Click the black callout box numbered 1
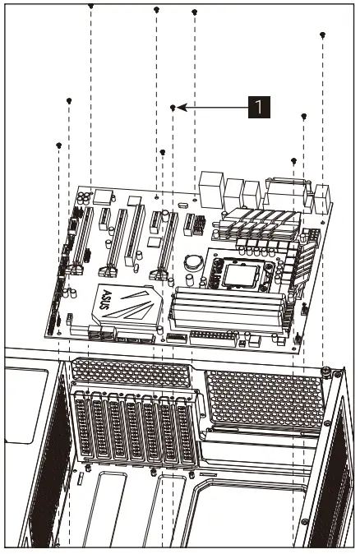[259, 106]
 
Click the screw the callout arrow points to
[173, 108]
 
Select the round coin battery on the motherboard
[192, 262]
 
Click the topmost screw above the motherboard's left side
[90, 5]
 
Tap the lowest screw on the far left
[58, 145]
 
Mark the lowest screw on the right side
[294, 160]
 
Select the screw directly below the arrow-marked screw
[162, 152]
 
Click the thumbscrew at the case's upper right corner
[326, 370]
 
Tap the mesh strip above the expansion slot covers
[132, 372]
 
